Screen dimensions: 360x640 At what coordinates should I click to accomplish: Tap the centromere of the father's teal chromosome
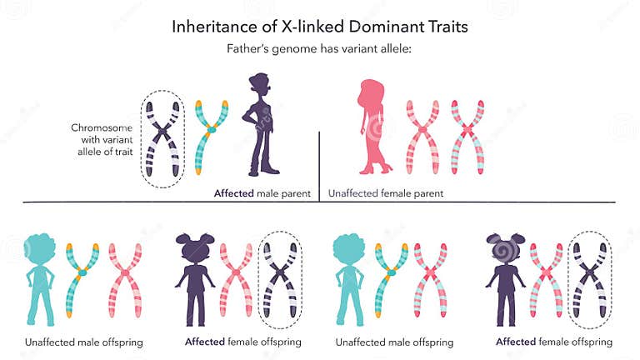click(x=211, y=129)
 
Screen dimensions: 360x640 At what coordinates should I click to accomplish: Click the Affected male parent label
click(x=262, y=193)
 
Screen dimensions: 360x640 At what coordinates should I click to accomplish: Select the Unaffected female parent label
click(x=385, y=193)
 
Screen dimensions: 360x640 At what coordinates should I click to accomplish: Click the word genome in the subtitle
click(x=292, y=49)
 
